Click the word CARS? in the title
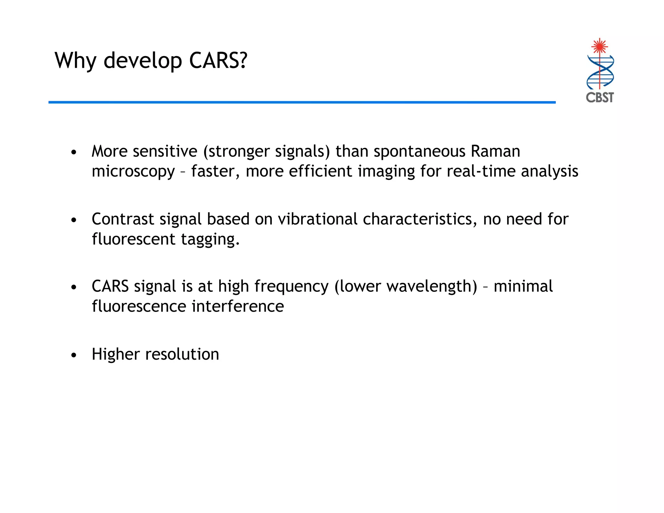(218, 61)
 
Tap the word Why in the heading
(76, 61)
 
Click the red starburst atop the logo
(599, 46)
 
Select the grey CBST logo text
(600, 97)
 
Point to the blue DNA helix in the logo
(600, 72)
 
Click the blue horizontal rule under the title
(302, 102)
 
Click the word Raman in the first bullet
(495, 151)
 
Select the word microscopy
(133, 172)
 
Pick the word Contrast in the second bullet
(123, 219)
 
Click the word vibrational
(317, 219)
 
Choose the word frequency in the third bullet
(291, 287)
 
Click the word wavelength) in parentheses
(406, 286)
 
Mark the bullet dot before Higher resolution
(74, 355)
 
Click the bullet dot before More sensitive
(74, 152)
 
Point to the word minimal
(523, 286)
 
